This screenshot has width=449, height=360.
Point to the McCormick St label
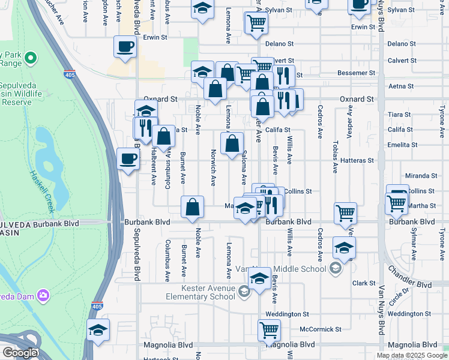point(321,329)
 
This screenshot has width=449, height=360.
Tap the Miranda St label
point(421,176)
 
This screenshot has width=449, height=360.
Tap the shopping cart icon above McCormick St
point(269,329)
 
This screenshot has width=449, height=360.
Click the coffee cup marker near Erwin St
point(125,46)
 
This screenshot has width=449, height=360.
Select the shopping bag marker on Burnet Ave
point(192,207)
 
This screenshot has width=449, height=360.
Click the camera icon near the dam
point(43,295)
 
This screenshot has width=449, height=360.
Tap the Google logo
point(20,353)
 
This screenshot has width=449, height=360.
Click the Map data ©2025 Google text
point(411,355)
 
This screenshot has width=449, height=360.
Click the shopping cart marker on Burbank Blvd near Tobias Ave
point(345,212)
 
